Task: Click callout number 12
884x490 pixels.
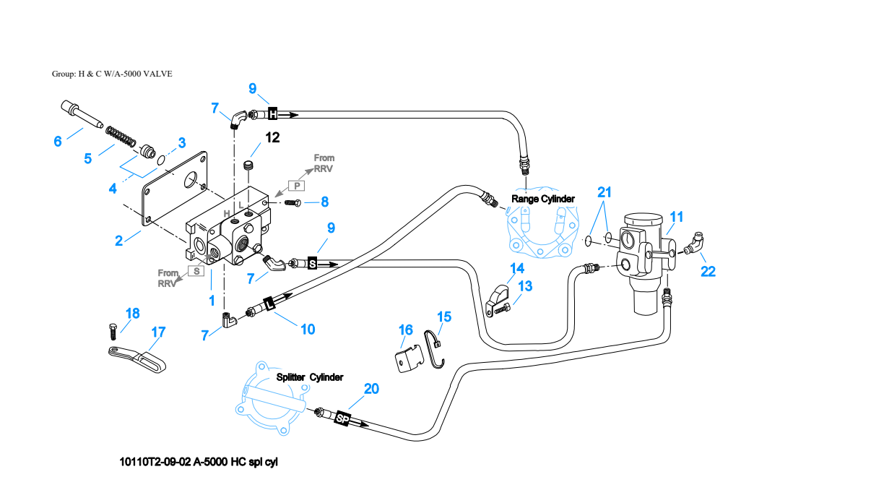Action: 272,137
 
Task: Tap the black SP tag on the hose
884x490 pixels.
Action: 342,418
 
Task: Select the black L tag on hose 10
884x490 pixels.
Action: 269,304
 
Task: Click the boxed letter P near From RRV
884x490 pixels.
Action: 297,186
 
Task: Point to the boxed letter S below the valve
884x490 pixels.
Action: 196,271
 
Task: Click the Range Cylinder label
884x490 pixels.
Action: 543,199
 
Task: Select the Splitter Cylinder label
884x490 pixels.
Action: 310,377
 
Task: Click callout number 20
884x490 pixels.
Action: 371,389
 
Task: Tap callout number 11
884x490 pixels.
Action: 677,217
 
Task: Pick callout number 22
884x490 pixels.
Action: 708,271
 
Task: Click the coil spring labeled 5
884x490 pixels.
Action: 121,135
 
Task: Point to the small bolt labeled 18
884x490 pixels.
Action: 113,332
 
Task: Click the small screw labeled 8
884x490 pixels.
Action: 292,203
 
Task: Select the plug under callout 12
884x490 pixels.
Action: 248,166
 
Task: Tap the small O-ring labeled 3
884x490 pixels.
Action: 160,160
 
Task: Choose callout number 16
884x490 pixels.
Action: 406,330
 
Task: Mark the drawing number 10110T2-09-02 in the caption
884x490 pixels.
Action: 155,462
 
